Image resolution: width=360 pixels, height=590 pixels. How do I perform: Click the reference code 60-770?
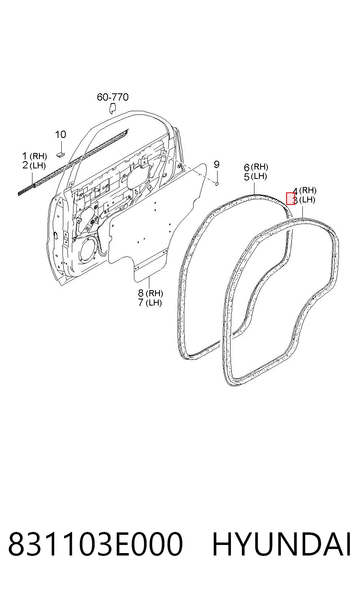[x=112, y=97]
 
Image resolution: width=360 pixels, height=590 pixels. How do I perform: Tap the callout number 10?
[x=60, y=135]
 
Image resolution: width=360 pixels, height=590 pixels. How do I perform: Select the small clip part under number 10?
[x=61, y=154]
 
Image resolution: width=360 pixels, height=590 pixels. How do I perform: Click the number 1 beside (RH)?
[x=25, y=156]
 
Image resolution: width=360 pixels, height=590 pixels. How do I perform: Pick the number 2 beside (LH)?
[x=25, y=166]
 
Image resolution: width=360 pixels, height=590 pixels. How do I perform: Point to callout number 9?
[x=216, y=165]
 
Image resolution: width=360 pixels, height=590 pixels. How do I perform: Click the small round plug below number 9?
[x=217, y=183]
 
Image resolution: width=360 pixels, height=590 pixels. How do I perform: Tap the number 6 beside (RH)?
[x=247, y=168]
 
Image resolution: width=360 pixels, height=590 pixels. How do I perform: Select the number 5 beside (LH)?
[x=247, y=177]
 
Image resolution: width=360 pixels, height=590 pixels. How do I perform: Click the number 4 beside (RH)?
[x=296, y=191]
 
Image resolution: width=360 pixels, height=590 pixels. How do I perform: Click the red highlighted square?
[x=291, y=198]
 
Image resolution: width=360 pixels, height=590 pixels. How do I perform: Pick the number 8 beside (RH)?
[x=141, y=293]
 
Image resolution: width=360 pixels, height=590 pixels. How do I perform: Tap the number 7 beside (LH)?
[x=141, y=302]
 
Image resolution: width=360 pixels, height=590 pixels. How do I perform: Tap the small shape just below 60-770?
[x=113, y=109]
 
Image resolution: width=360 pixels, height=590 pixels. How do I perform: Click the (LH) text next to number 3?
[x=307, y=200]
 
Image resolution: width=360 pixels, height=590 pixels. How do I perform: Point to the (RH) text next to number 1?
[x=38, y=156]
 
